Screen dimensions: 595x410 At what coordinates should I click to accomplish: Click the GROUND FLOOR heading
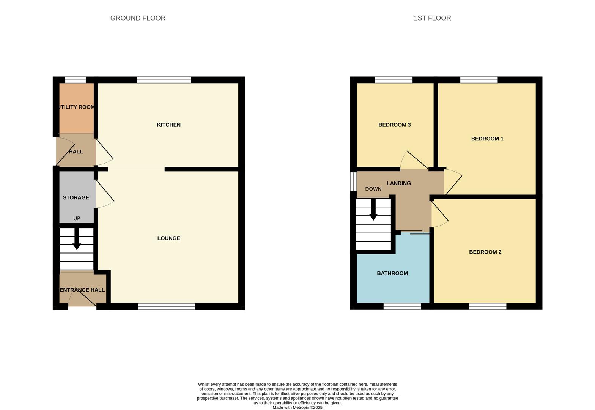tap(138, 18)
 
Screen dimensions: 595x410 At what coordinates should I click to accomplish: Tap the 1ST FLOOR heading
tap(432, 18)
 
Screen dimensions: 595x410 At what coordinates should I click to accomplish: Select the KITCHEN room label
tap(168, 125)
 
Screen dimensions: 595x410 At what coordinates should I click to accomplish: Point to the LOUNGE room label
tap(168, 238)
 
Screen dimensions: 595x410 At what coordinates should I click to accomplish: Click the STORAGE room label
tap(76, 197)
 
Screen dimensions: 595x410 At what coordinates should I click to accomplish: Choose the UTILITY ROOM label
tap(76, 107)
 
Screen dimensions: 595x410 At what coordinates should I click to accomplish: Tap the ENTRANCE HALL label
tap(82, 290)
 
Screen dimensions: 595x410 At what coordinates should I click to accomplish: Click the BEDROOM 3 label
tap(395, 125)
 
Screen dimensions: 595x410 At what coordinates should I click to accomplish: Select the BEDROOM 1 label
tap(487, 139)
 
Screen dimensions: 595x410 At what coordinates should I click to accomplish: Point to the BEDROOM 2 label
tap(485, 252)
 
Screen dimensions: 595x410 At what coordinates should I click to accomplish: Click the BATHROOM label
tap(392, 273)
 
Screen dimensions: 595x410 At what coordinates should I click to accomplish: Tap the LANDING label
tap(399, 183)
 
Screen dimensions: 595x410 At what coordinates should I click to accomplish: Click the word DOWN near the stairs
tap(373, 189)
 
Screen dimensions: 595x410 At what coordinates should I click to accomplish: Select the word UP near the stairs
tap(77, 218)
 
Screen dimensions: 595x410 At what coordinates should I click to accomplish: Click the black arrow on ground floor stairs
tap(77, 239)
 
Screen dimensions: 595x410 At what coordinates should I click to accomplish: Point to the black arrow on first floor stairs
tap(373, 210)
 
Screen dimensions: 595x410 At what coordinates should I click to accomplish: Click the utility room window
tap(76, 80)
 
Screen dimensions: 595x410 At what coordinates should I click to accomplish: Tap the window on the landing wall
tap(353, 182)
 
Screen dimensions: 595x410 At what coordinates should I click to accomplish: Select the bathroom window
tap(402, 306)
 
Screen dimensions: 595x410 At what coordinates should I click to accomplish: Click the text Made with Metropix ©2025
tap(297, 408)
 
